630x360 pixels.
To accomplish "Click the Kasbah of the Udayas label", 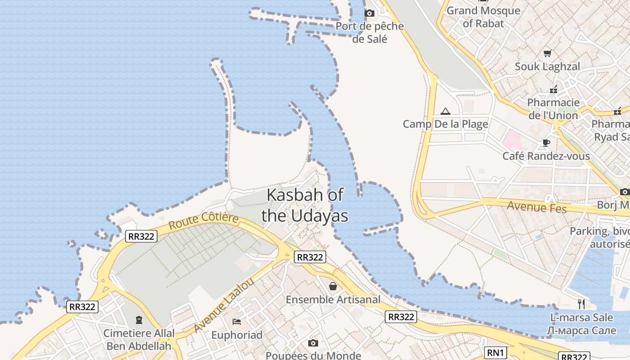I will [x=305, y=205].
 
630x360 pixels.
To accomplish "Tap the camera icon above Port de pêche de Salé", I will [x=369, y=13].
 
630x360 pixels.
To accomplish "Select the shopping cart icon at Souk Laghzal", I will [x=548, y=53].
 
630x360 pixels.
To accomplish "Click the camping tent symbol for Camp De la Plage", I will [x=445, y=111].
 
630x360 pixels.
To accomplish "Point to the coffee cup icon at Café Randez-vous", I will [x=546, y=143].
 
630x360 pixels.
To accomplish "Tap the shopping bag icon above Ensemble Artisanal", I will [x=333, y=286].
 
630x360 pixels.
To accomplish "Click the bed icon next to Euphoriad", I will [x=237, y=321].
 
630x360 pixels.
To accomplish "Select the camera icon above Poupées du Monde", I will [x=313, y=343].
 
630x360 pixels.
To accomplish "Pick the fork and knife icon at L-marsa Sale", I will [x=581, y=304].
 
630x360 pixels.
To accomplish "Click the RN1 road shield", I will [x=496, y=353].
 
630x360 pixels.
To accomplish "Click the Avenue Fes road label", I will [x=537, y=207].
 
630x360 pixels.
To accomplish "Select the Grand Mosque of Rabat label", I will [x=483, y=17].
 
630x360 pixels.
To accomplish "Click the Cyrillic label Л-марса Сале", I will [x=580, y=331].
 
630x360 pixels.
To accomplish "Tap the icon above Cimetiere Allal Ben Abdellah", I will [x=139, y=320].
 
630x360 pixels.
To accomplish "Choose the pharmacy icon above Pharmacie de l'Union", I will [x=553, y=90].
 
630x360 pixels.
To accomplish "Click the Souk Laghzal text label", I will [x=547, y=67].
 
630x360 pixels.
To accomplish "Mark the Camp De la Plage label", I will [x=445, y=124].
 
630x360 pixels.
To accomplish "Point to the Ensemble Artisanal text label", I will [x=333, y=300].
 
